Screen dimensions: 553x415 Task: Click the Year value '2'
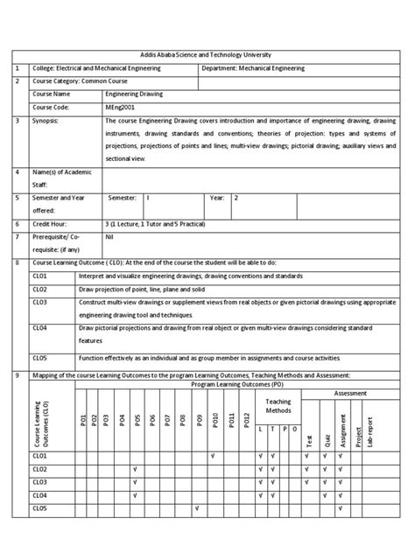point(235,199)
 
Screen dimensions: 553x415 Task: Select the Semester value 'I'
point(148,199)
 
